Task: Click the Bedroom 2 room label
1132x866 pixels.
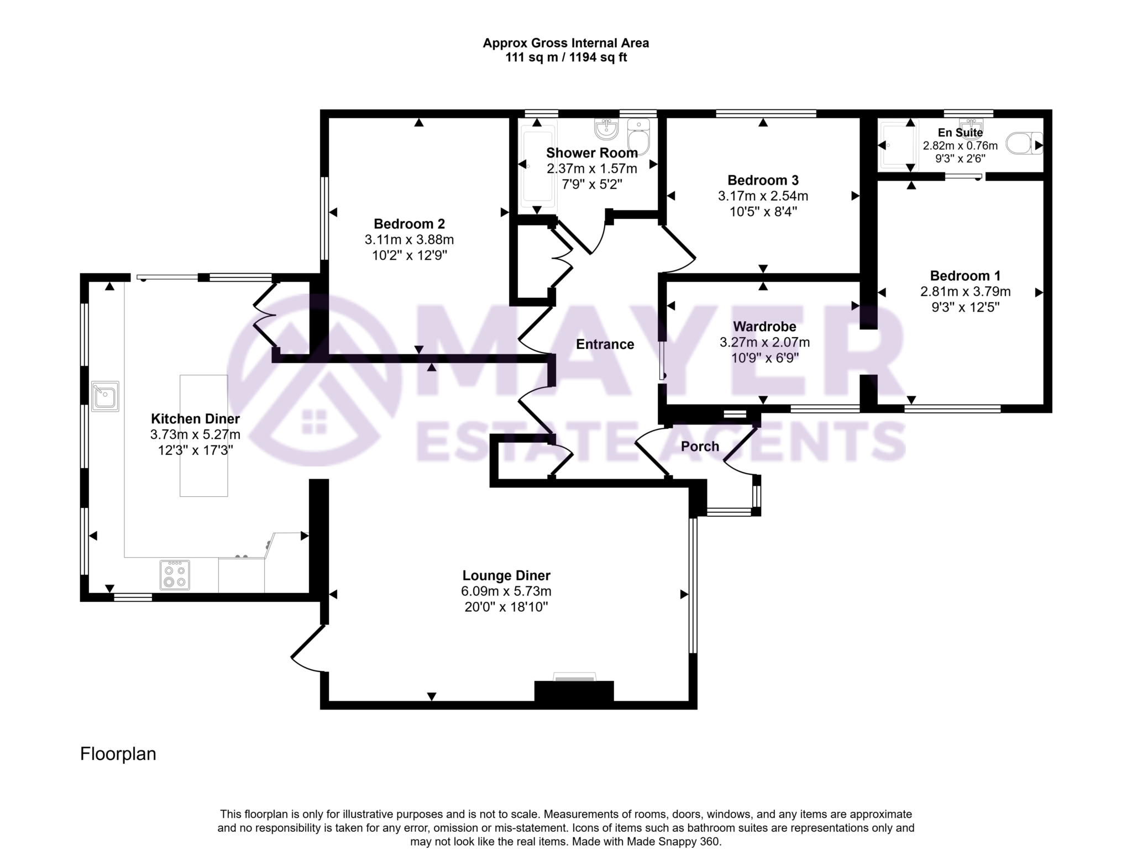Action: (x=409, y=224)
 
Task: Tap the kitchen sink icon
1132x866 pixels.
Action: (x=105, y=396)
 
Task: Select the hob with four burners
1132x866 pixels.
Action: (x=175, y=575)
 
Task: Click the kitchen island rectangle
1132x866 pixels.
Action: (x=203, y=435)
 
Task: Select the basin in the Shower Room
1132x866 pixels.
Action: (x=606, y=129)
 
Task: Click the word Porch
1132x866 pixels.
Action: (x=700, y=447)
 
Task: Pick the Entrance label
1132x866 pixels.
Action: (x=605, y=344)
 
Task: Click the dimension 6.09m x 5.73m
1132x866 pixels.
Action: (x=506, y=591)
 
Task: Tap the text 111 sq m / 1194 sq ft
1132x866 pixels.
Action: (x=565, y=57)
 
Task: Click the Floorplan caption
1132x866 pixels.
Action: (x=118, y=754)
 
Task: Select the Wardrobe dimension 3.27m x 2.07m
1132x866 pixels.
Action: (x=764, y=343)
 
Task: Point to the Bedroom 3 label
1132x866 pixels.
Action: (x=763, y=180)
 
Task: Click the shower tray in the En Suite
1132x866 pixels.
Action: (x=897, y=145)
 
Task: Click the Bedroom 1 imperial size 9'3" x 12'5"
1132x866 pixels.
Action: (x=965, y=307)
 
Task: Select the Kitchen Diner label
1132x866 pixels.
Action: (x=195, y=419)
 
